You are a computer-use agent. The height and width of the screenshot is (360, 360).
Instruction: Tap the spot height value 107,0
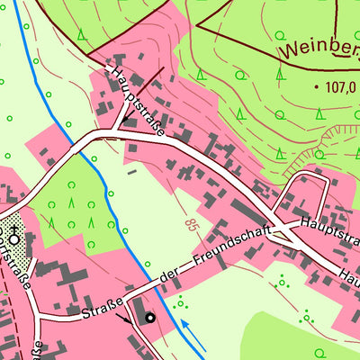[340, 87]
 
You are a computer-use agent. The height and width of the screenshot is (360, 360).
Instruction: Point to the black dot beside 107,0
[317, 87]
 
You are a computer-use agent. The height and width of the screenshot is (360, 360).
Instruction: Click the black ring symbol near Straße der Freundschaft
[149, 317]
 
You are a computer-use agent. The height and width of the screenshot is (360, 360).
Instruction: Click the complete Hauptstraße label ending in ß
[138, 101]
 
